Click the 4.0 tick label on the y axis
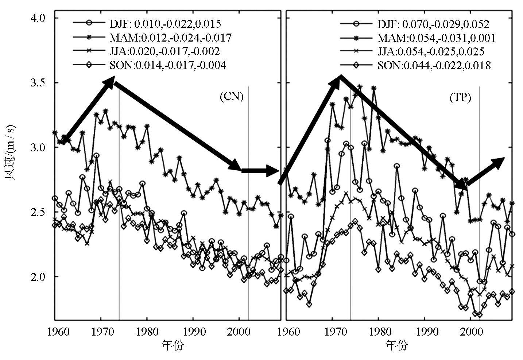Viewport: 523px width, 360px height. [41, 18]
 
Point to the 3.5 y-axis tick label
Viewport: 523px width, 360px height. [41, 83]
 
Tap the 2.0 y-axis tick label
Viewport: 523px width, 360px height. [41, 277]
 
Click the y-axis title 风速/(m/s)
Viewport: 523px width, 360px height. [11, 153]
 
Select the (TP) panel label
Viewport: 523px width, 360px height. [460, 98]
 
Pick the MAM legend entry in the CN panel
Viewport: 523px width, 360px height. [152, 37]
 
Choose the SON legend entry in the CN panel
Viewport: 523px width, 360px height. [150, 65]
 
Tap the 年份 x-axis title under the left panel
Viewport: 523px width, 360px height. [172, 345]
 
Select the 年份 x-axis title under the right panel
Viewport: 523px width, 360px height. [396, 345]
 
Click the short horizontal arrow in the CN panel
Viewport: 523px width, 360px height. [261, 170]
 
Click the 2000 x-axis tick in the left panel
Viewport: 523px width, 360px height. [239, 332]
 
